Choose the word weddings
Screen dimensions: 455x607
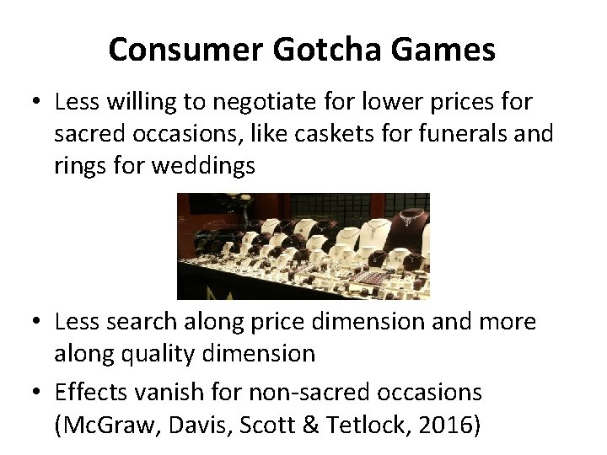[x=203, y=165]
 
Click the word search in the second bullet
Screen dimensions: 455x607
[x=149, y=322]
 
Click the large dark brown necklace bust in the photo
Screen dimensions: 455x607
[x=411, y=221]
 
